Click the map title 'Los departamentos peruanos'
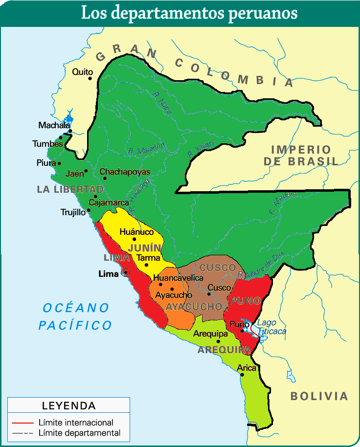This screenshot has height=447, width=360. [189, 13]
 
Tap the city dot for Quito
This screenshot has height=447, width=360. [90, 78]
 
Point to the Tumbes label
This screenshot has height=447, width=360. [47, 144]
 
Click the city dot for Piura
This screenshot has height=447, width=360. [60, 163]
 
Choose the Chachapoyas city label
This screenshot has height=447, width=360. [125, 172]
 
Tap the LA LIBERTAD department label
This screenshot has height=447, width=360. [70, 189]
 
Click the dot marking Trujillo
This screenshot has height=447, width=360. [89, 211]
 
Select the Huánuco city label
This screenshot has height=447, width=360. [136, 232]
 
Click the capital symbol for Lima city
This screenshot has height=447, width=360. [126, 272]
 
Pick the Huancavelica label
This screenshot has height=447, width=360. [178, 278]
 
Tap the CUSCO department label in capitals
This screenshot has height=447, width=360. [218, 268]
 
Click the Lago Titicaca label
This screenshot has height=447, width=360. [271, 327]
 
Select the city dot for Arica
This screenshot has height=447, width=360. [243, 375]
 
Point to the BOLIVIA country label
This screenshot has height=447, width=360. [319, 396]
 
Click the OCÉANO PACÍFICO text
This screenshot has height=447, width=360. [76, 316]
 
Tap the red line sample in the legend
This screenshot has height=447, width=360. [23, 422]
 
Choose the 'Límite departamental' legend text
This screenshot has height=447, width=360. [79, 433]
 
